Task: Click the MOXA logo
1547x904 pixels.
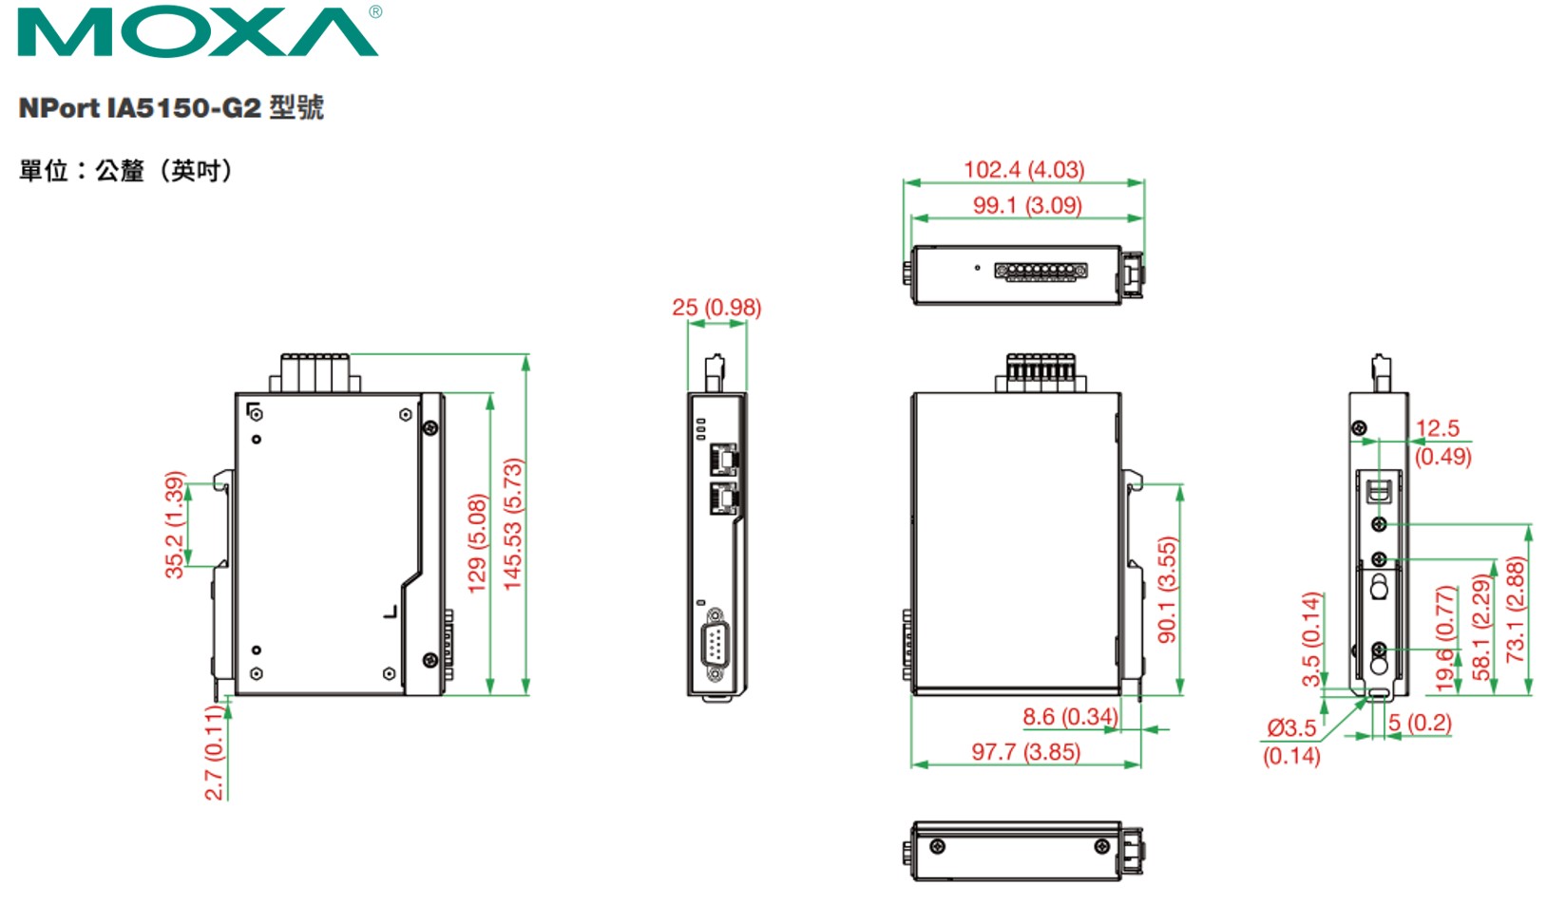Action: [x=198, y=32]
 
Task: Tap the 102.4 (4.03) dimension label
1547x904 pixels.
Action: [x=1023, y=169]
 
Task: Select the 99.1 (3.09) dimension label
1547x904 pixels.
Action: [x=1026, y=205]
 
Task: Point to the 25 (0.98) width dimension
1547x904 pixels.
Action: [x=716, y=308]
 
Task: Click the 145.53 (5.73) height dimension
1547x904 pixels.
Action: [x=513, y=524]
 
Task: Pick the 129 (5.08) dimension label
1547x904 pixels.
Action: [x=477, y=543]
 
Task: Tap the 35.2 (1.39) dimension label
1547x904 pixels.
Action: [x=174, y=524]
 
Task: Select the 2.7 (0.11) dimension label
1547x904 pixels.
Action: [x=215, y=752]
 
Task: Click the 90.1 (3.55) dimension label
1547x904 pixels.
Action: [x=1168, y=589]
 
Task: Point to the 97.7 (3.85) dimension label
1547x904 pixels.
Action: [x=1025, y=752]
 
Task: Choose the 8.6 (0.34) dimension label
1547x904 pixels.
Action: [x=1069, y=716]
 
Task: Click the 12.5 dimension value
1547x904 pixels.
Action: [x=1437, y=428]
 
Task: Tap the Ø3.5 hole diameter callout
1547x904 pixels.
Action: [x=1291, y=728]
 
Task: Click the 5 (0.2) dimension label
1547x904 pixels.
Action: [x=1420, y=723]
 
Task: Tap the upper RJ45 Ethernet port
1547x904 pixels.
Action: [x=723, y=461]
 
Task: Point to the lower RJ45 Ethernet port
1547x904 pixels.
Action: [x=723, y=498]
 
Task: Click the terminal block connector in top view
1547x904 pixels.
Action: [x=1041, y=272]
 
